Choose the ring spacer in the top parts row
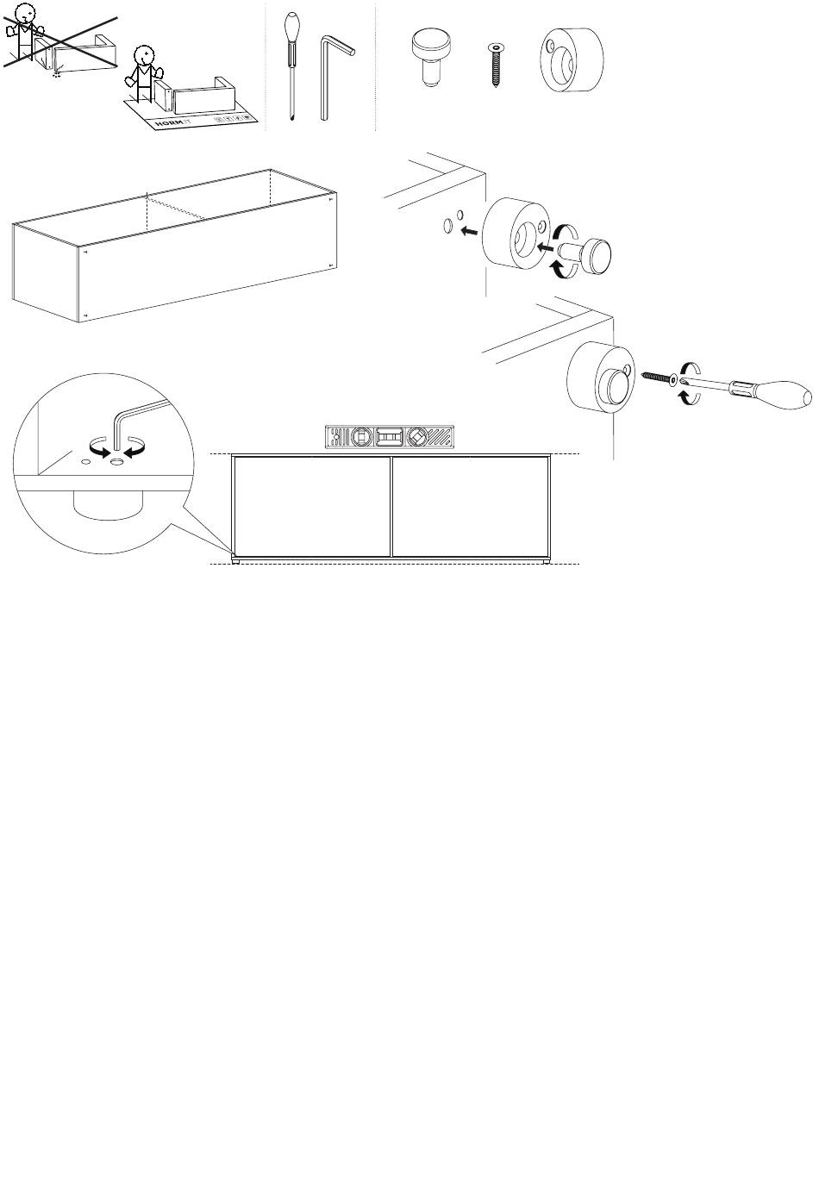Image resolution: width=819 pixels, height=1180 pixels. (571, 59)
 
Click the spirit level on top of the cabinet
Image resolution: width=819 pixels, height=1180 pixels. (390, 438)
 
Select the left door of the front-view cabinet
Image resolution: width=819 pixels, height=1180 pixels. (311, 507)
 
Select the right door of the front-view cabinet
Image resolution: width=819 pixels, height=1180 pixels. (471, 507)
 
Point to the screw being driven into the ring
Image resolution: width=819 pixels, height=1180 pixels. (657, 378)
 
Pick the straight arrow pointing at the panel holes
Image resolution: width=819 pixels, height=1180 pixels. (470, 231)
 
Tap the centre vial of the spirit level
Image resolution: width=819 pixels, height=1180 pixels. (390, 438)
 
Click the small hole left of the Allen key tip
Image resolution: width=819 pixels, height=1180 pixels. (85, 462)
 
